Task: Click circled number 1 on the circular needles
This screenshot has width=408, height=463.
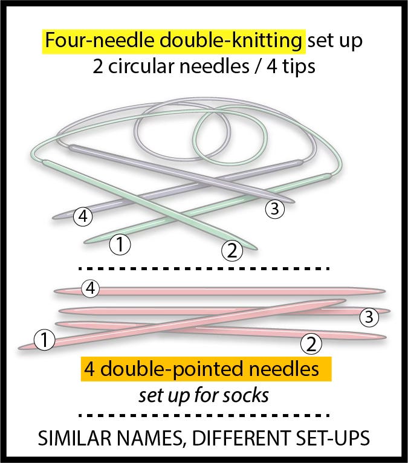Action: coord(120,245)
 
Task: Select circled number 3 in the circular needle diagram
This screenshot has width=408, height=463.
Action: coord(274,209)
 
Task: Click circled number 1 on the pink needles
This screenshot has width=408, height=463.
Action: coord(44,340)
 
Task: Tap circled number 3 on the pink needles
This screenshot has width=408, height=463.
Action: coord(369,316)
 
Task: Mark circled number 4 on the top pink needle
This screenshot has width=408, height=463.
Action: coord(91,289)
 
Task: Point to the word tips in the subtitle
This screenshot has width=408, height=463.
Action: coord(297,65)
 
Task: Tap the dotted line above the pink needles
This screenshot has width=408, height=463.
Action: coord(204,268)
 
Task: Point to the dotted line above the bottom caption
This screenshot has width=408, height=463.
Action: coord(204,415)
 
